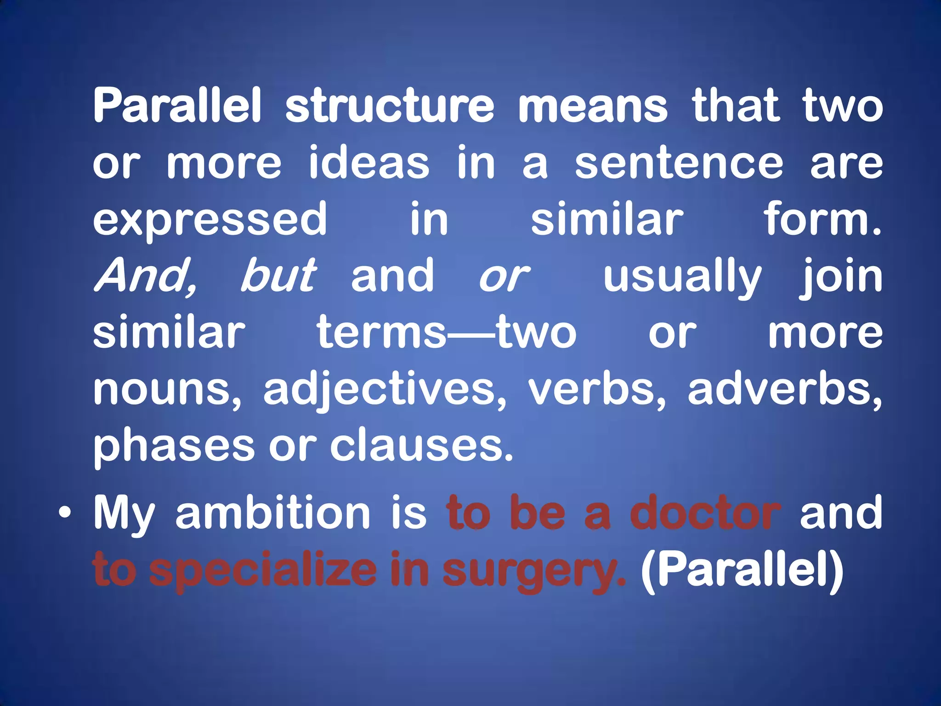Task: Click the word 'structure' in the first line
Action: click(390, 107)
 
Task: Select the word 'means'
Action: click(593, 107)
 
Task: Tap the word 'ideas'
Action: click(369, 163)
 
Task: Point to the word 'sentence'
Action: click(679, 163)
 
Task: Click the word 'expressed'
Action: click(210, 220)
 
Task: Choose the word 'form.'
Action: click(822, 220)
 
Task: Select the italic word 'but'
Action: click(278, 276)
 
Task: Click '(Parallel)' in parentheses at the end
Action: click(742, 570)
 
